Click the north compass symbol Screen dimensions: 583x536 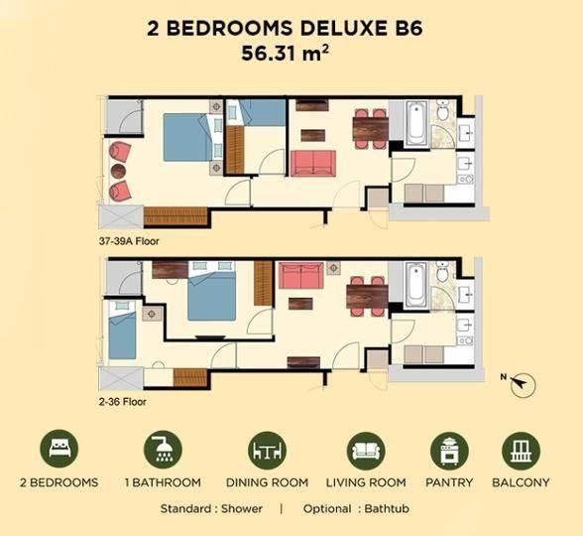pos(523,384)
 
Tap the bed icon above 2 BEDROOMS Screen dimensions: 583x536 pos(59,449)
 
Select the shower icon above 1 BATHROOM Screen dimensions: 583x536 pos(163,449)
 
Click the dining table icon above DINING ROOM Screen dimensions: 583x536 pos(267,451)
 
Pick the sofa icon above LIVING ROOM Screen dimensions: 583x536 pos(366,451)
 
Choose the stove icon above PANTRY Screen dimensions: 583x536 pos(449,451)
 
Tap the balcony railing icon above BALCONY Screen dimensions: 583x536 pos(521,451)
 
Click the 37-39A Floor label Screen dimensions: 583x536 pos(129,241)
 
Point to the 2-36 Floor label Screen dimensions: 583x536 pos(123,402)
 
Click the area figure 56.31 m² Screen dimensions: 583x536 pos(285,53)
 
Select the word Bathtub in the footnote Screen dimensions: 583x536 pos(387,508)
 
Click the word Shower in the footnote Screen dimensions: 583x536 pos(242,508)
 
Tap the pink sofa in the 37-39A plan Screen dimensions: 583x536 pos(313,163)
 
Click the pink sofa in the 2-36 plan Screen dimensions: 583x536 pos(300,276)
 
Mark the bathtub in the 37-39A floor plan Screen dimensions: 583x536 pos(415,123)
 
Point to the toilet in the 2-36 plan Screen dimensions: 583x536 pos(442,272)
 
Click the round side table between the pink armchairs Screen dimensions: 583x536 pos(118,171)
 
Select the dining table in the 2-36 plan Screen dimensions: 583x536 pos(367,296)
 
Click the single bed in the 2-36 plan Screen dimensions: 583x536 pos(122,330)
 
